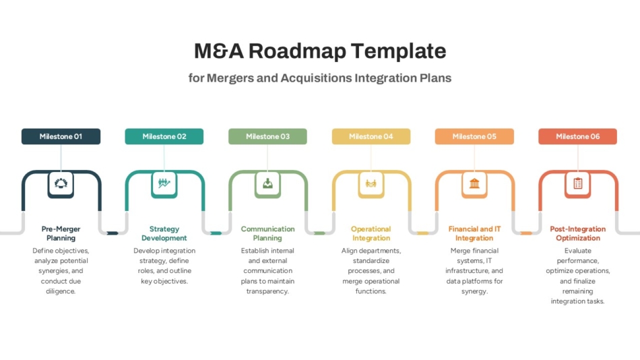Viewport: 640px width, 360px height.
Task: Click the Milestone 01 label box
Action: tap(61, 136)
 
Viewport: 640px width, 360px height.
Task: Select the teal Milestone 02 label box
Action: tap(164, 136)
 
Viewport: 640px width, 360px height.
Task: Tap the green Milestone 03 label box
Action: tap(267, 136)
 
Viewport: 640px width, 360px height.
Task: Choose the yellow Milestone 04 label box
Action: tap(371, 136)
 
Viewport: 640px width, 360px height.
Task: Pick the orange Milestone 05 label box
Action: tap(474, 136)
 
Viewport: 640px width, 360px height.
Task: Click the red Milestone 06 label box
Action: tap(578, 136)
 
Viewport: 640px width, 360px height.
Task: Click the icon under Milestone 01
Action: tap(61, 183)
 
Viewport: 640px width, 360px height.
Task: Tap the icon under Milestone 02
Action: tap(164, 183)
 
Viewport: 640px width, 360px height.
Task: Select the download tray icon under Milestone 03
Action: tap(267, 183)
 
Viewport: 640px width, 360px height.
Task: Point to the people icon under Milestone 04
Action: tap(371, 183)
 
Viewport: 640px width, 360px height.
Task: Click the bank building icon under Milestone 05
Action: tap(474, 183)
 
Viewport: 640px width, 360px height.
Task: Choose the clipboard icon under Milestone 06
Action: tap(578, 183)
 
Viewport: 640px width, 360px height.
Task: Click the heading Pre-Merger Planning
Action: tap(61, 233)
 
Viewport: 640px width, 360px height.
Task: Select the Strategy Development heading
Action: tap(164, 233)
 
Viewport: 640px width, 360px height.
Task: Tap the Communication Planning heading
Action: tap(267, 233)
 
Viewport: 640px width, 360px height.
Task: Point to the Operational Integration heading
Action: tap(371, 233)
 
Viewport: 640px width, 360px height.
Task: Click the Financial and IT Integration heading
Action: tap(474, 233)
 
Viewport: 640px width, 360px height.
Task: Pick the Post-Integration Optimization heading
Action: tap(578, 233)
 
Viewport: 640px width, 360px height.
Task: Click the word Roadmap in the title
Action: tap(297, 51)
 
